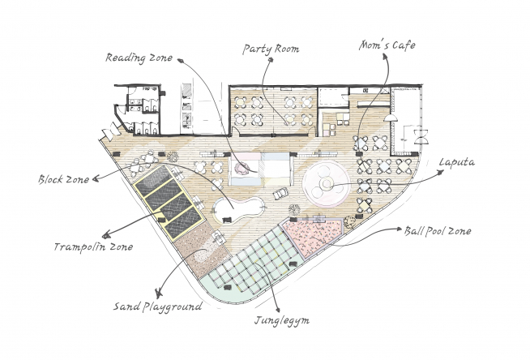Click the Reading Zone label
[139, 58]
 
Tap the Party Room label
[271, 49]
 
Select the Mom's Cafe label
[387, 45]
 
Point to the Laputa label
[456, 162]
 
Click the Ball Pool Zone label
[438, 231]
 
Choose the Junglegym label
[282, 320]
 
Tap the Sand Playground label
[157, 307]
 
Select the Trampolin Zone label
[93, 246]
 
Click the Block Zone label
[63, 179]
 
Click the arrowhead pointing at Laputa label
[441, 173]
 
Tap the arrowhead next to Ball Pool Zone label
[400, 229]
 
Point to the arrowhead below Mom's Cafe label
[385, 57]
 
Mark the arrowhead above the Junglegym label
[278, 309]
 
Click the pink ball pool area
[310, 236]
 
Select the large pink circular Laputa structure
[326, 184]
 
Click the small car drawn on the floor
[280, 194]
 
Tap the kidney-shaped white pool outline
[238, 210]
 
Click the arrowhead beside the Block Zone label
[96, 178]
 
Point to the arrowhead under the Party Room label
[271, 60]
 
